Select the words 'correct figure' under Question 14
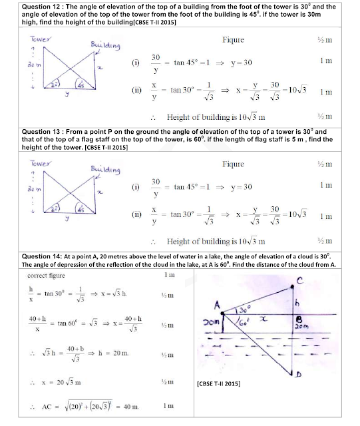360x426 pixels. tap(46, 276)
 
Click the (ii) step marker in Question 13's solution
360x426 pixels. tap(136, 214)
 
